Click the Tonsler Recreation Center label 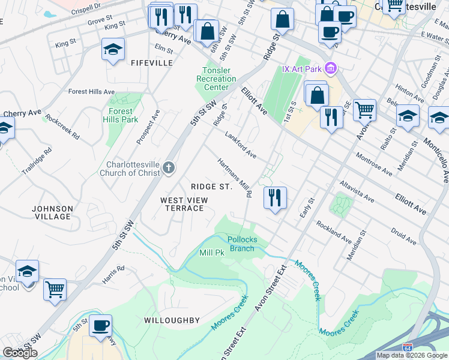pos(216,79)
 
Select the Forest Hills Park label pos(124,115)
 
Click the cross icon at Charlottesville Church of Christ pos(169,168)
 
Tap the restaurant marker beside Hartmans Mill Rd pos(275,197)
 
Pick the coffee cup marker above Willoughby pos(100,325)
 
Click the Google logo pos(20,353)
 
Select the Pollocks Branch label pos(242,244)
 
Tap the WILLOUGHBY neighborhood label pos(171,320)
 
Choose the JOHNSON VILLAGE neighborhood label pos(52,212)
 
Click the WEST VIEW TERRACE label pos(184,204)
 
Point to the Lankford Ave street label pos(241,146)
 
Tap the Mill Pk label pos(211,253)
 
